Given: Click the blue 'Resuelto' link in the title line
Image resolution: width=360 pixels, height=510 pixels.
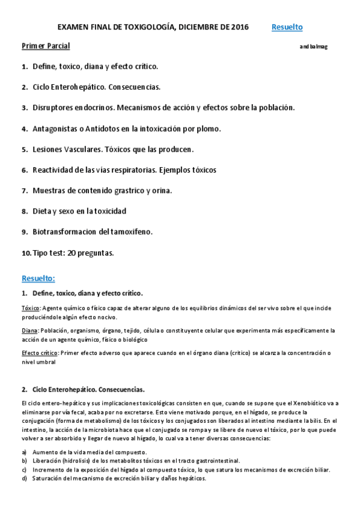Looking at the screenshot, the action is tap(287, 27).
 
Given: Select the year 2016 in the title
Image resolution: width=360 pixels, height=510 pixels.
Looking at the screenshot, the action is tap(239, 27).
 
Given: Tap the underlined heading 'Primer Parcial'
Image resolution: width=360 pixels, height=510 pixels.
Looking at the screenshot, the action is tap(46, 46).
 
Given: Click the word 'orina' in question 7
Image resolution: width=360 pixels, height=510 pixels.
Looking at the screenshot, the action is tap(162, 191).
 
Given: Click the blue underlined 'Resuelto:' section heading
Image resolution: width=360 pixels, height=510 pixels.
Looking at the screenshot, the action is tap(38, 278).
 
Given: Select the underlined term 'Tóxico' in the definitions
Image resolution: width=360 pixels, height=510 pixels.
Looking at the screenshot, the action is tap(31, 308).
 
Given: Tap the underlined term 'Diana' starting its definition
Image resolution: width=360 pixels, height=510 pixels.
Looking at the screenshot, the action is tap(29, 331).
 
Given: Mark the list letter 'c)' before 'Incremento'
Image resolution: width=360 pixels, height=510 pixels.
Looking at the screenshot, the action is tap(24, 469).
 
